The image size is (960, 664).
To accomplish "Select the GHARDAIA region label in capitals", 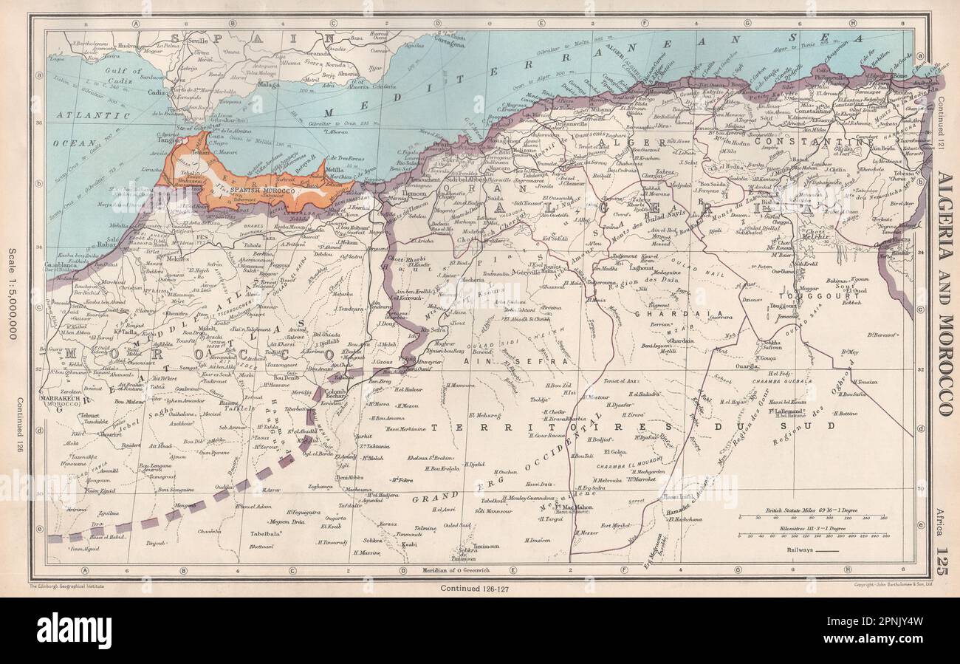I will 664,313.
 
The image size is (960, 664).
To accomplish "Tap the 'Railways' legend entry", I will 801,550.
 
